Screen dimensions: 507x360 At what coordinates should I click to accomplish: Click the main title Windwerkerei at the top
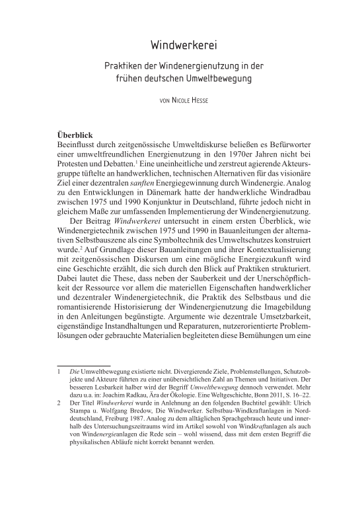[180, 46]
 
